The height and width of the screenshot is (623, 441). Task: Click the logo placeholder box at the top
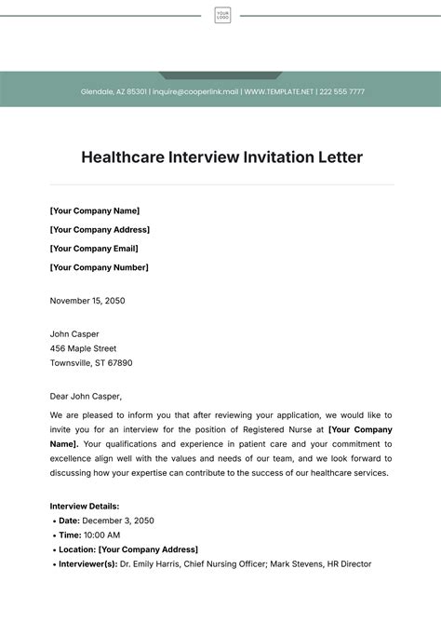pos(222,15)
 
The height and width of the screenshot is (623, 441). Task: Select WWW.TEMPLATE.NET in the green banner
pos(279,92)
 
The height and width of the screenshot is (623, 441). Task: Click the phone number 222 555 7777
pos(342,92)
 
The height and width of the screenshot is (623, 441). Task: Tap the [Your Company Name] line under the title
pos(95,210)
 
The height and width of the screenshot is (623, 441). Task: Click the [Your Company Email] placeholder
pos(94,249)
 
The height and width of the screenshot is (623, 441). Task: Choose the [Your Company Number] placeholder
pos(99,267)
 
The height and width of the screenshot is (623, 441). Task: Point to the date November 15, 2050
pos(87,301)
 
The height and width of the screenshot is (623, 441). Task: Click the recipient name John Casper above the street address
pos(74,333)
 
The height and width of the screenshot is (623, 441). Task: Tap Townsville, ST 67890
pos(91,363)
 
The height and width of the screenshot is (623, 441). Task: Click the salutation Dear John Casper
pos(86,396)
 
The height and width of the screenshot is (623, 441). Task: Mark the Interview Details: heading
pos(85,506)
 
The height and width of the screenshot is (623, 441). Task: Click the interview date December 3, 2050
pos(118,521)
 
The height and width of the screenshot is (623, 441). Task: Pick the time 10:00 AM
pos(101,535)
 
